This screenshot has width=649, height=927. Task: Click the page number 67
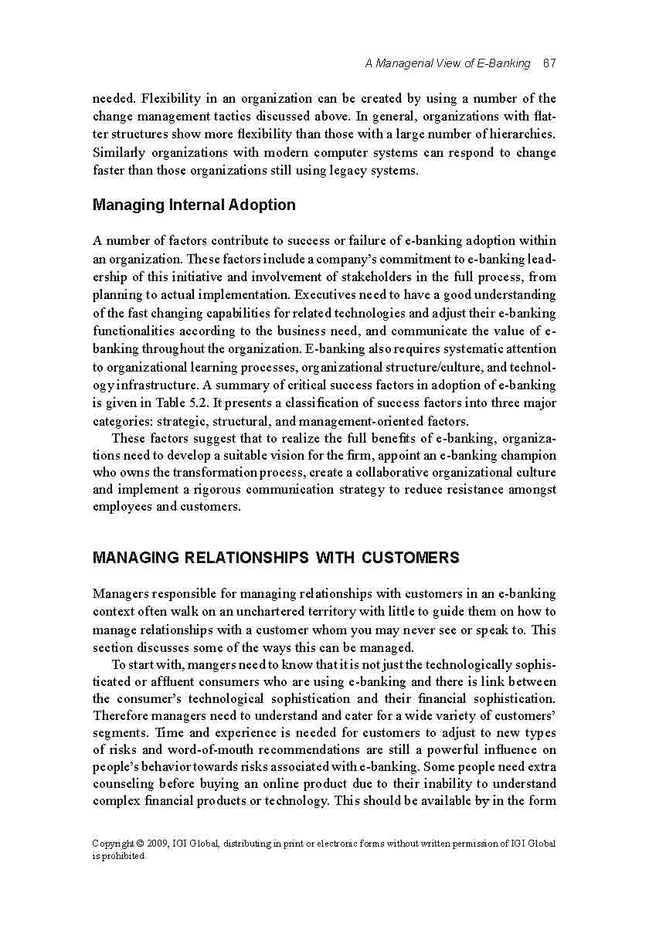click(549, 63)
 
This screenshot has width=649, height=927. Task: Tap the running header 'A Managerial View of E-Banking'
click(447, 63)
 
